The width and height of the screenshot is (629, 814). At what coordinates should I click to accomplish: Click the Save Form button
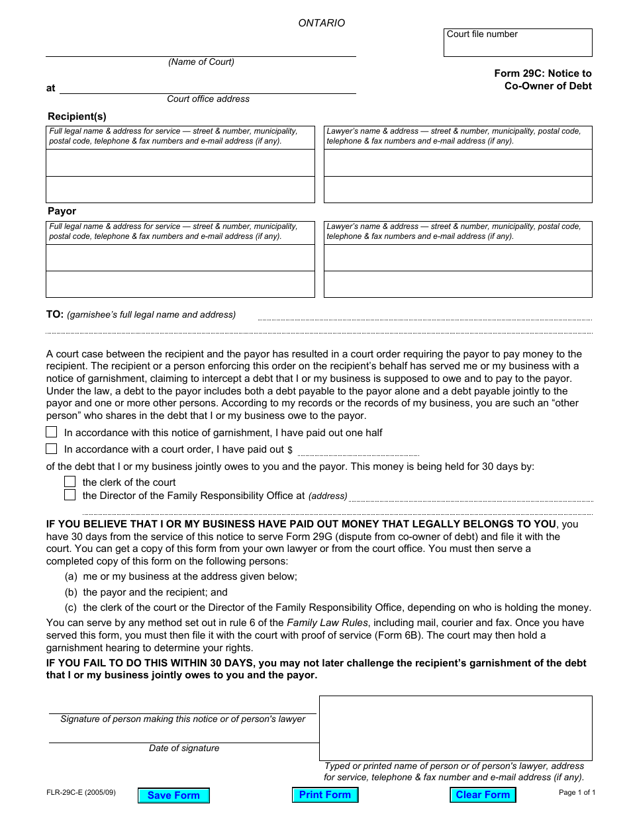pos(173,795)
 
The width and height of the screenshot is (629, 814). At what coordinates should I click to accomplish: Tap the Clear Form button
pos(483,795)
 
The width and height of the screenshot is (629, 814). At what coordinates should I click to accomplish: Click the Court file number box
pos(518,43)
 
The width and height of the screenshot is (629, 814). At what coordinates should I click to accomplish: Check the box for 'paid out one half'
pos(52,432)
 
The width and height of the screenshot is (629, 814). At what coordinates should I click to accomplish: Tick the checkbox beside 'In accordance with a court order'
pos(52,449)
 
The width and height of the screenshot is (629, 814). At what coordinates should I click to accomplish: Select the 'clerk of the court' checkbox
pos(70,482)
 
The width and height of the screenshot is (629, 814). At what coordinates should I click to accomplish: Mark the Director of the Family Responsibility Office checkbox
pos(70,495)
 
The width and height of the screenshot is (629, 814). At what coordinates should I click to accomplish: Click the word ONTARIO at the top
pos(321,23)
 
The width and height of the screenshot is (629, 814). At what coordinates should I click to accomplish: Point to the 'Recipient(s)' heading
pos(77,116)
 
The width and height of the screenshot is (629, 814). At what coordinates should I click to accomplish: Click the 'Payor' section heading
pos(62,211)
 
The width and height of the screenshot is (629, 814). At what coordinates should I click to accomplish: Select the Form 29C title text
pos(543,79)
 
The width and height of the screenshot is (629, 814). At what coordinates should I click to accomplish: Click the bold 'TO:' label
pos(54,314)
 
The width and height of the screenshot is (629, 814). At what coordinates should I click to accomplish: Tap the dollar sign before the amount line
pos(290,450)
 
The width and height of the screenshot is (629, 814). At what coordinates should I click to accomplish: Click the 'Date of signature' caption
pos(183,748)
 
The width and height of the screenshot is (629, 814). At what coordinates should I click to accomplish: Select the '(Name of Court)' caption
pos(201,62)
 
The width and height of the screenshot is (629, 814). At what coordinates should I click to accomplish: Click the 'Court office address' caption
pos(208,99)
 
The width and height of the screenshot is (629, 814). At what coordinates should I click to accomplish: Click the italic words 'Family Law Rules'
pos(321,623)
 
